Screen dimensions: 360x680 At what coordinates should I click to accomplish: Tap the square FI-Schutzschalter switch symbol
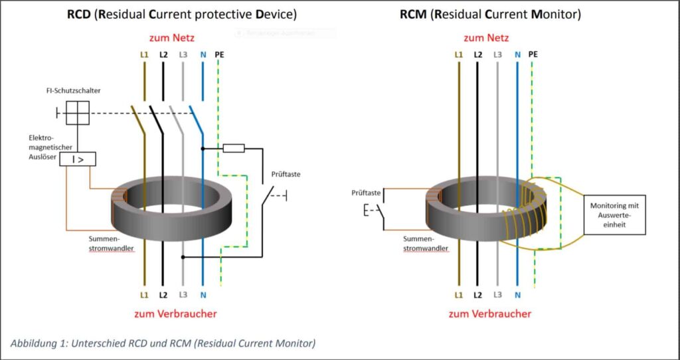tap(78, 114)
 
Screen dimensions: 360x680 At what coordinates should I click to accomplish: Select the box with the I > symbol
tap(78, 159)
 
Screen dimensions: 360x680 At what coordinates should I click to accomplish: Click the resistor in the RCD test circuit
tap(233, 148)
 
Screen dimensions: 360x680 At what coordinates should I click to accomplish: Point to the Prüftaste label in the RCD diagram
tap(286, 176)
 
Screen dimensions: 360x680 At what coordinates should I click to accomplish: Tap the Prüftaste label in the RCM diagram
tap(366, 193)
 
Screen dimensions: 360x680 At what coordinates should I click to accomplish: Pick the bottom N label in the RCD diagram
tap(203, 294)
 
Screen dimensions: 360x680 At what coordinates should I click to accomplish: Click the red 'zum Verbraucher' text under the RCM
tap(491, 314)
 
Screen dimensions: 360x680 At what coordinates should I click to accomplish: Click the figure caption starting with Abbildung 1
tap(163, 343)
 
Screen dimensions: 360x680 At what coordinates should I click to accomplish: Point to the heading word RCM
tap(414, 14)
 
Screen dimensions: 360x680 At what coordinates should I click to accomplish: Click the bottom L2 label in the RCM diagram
tap(477, 294)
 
